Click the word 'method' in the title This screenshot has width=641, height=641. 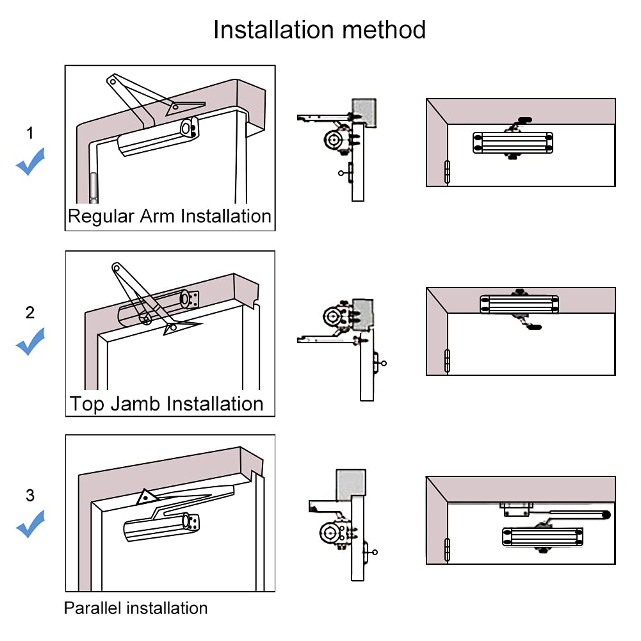384,30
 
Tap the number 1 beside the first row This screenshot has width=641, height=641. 30,133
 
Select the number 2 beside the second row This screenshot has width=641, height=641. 30,312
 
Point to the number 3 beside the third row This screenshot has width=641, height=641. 30,496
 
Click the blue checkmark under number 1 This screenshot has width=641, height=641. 30,161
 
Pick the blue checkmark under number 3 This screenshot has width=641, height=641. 30,524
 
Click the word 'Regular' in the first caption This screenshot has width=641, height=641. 101,216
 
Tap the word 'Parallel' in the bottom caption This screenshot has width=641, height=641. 93,608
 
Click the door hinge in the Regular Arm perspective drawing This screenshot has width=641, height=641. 93,188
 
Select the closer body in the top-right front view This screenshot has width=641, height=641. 513,143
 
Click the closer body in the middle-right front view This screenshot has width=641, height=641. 519,304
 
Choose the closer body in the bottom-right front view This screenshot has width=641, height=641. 542,537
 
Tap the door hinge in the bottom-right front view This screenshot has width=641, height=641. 447,549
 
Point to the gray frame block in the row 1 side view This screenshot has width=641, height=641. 364,113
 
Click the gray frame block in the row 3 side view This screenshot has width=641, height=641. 351,485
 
